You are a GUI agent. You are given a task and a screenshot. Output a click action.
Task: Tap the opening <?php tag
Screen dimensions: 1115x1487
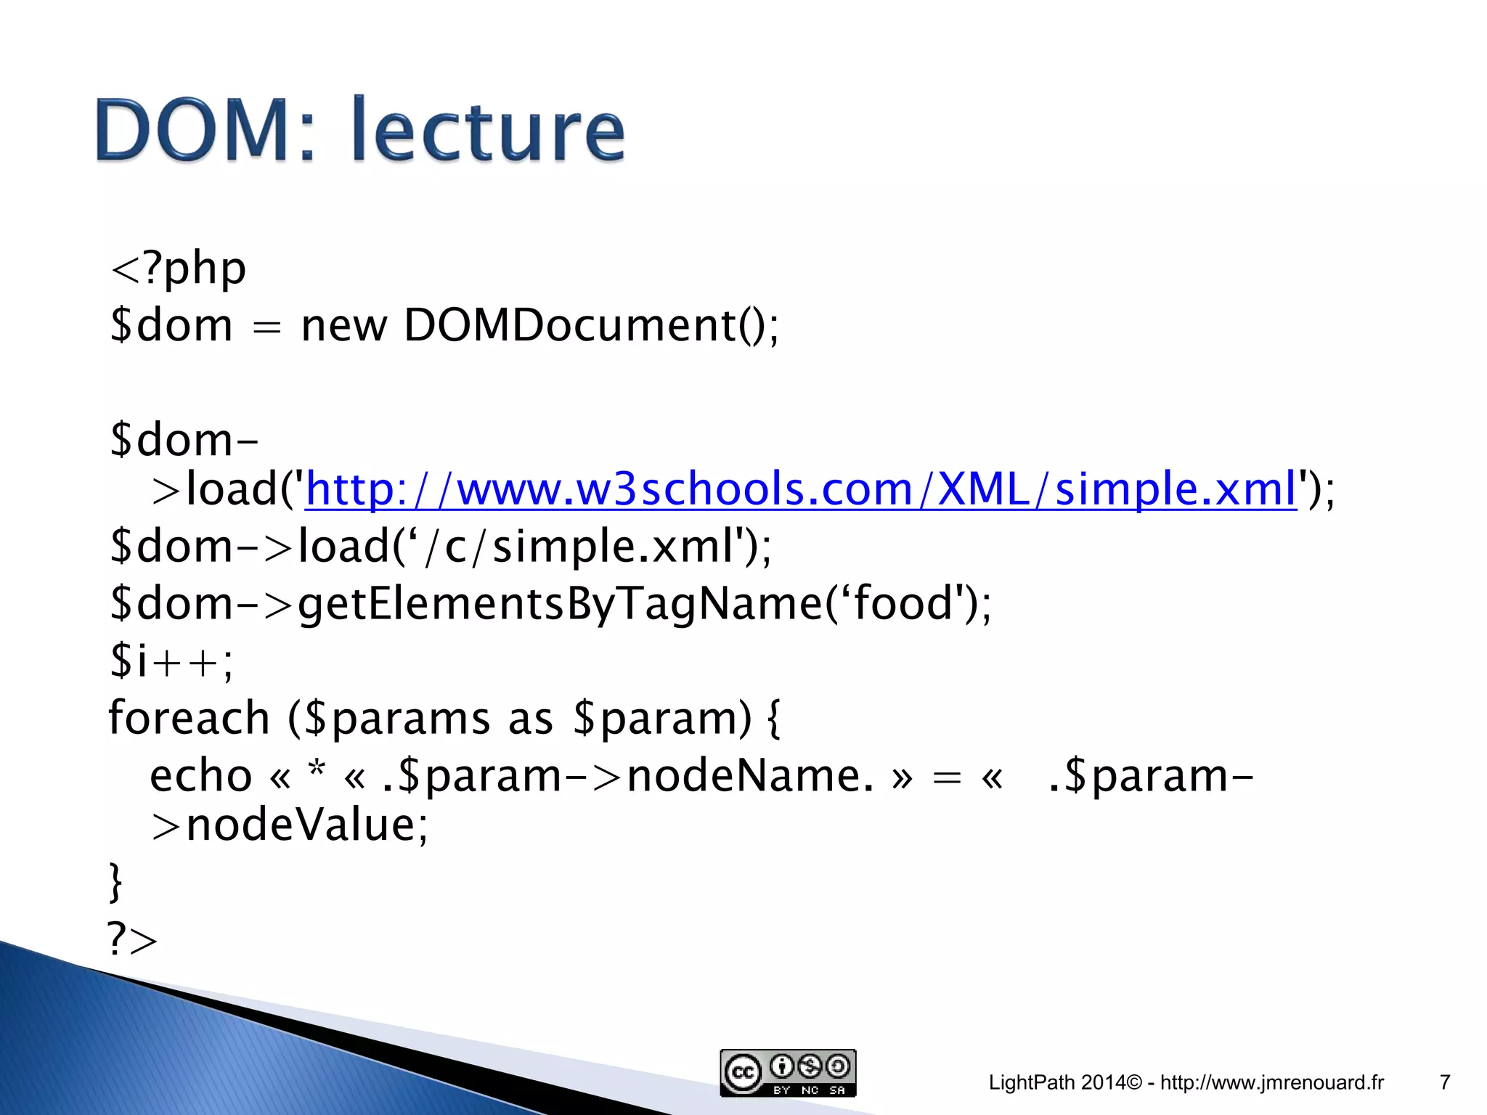pos(179,269)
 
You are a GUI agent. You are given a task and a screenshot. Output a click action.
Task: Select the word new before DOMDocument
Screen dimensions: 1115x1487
pos(344,325)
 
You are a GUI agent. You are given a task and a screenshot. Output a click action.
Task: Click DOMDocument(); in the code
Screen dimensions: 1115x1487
pos(590,325)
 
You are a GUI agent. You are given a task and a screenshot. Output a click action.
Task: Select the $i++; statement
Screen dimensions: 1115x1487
pos(171,661)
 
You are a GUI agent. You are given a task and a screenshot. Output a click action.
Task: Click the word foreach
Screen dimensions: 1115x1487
pos(190,718)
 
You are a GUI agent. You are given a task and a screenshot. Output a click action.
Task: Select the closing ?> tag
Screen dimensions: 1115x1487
pos(132,939)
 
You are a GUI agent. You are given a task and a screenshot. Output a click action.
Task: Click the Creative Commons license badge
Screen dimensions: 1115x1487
pos(788,1073)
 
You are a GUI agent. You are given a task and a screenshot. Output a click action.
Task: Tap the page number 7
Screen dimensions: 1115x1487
pos(1444,1082)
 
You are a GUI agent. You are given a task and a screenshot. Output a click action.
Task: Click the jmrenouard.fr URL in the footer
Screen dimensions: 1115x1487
pos(1271,1082)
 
